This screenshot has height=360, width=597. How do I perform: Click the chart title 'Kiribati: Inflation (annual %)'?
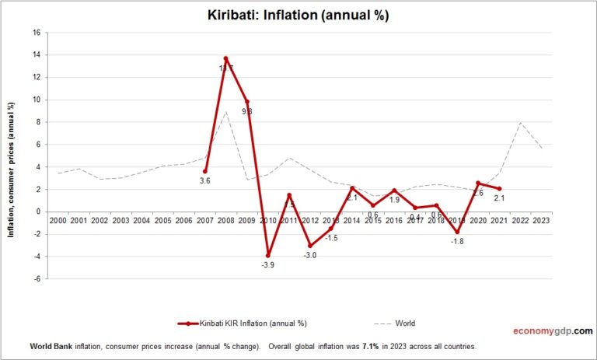point(298,14)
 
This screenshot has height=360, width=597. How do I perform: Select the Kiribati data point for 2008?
point(225,58)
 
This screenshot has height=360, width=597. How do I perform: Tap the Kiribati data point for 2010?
point(268,255)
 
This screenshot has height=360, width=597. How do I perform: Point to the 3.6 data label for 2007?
point(205,182)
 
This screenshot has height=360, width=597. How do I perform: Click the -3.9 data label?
point(268,266)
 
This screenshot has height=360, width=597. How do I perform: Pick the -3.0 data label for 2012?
point(310,255)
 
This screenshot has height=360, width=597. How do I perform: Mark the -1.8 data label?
point(458,242)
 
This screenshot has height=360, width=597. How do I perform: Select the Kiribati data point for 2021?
point(499,188)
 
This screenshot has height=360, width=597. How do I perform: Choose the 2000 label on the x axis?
point(58,221)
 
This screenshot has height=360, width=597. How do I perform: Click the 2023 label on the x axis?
point(541,221)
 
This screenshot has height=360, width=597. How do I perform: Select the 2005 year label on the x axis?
point(163,221)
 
